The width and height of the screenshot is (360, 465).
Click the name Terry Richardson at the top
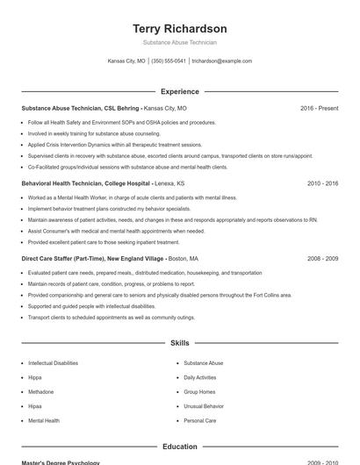(x=179, y=29)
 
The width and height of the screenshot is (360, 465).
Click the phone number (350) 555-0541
(x=169, y=61)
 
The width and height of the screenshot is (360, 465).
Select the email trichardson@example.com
(x=221, y=61)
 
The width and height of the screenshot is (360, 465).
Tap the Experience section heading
(x=179, y=91)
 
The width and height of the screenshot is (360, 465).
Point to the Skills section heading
(x=179, y=343)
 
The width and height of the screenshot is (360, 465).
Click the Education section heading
(x=179, y=447)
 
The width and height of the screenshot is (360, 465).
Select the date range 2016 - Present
(x=319, y=109)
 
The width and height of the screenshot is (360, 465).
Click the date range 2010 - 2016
(x=322, y=184)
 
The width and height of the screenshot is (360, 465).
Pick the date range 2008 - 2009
(x=322, y=259)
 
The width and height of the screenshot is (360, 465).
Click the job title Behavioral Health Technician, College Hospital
(x=85, y=184)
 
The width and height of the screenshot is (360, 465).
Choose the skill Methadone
(x=40, y=392)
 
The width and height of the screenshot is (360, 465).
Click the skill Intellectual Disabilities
(x=53, y=362)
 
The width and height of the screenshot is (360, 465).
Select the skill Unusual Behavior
(x=204, y=406)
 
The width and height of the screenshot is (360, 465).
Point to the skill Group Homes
(x=199, y=392)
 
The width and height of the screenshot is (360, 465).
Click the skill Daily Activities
(x=200, y=377)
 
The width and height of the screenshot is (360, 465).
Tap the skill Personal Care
(x=199, y=421)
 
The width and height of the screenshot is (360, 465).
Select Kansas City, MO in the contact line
(x=126, y=61)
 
